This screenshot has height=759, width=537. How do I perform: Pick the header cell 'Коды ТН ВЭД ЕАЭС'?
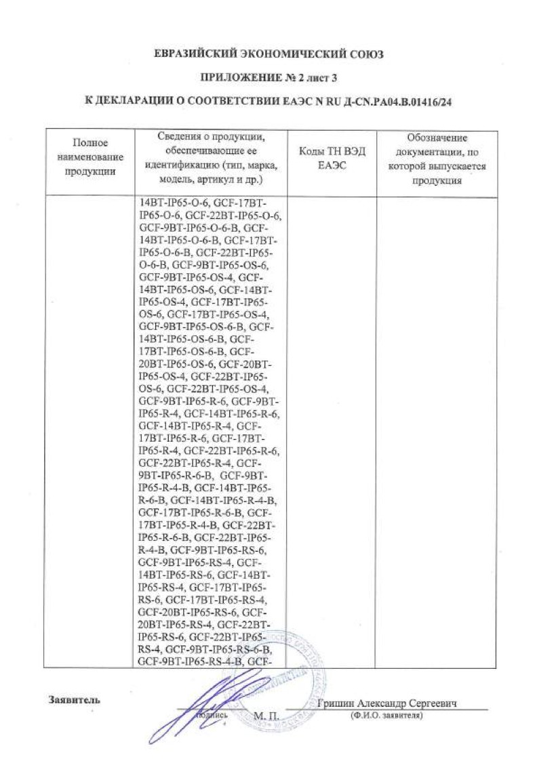[332, 157]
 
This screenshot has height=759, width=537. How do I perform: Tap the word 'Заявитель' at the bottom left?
[74, 700]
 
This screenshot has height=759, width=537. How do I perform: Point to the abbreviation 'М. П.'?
[266, 716]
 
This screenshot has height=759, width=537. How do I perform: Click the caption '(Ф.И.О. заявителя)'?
[386, 716]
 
